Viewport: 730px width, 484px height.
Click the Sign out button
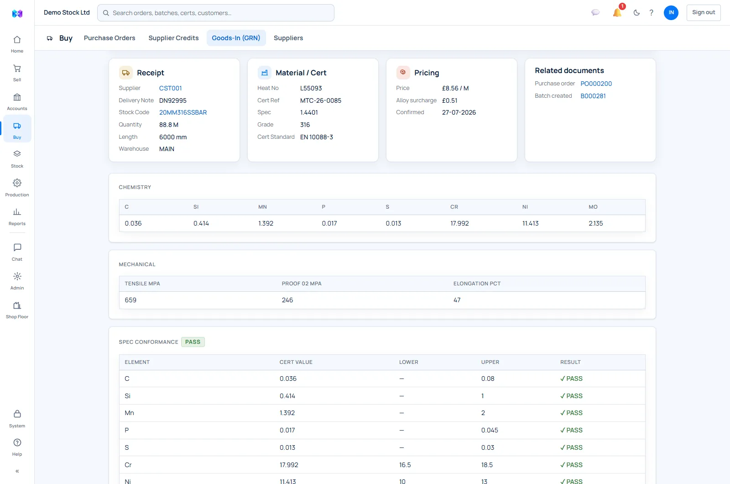point(703,12)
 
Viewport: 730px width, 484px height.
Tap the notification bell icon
point(617,12)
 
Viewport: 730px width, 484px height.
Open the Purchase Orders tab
point(109,38)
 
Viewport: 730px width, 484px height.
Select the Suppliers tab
point(288,38)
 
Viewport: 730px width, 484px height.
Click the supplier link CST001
point(170,88)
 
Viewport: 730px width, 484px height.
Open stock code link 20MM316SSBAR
point(183,112)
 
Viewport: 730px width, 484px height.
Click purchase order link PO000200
point(596,84)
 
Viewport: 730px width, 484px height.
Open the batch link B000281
point(593,96)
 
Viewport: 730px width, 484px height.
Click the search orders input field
point(216,13)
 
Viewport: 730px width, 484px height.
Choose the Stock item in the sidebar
point(17,159)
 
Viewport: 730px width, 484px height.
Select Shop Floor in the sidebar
point(17,310)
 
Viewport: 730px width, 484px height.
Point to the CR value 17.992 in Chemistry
point(459,223)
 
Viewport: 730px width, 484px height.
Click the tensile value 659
point(130,300)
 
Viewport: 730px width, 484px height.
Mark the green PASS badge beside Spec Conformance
point(193,342)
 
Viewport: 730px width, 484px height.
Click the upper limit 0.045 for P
point(490,430)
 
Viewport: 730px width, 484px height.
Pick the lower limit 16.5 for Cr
point(405,465)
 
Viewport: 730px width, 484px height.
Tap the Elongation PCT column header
point(477,284)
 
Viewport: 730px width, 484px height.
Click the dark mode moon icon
point(636,13)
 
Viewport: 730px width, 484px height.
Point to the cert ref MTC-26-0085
point(321,100)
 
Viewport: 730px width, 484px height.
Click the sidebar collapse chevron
point(17,471)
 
